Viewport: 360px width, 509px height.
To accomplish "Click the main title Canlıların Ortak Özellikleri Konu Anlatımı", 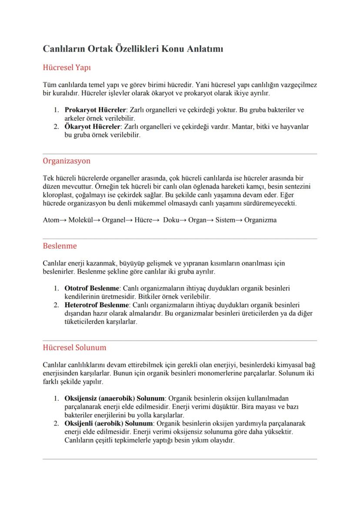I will [133, 49].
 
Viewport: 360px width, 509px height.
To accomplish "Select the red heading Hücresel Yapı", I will [67, 68].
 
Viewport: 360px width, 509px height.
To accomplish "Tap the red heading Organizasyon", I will [67, 161].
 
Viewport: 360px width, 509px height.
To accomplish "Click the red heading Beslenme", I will [60, 246].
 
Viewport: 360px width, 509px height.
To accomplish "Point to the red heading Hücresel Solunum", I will [74, 348].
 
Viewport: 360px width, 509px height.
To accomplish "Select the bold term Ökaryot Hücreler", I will [92, 127].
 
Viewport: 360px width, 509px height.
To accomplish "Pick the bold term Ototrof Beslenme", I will [92, 288].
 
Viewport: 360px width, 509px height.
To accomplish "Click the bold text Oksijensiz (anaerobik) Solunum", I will [115, 398].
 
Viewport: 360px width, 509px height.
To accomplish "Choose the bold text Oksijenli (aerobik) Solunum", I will [109, 423].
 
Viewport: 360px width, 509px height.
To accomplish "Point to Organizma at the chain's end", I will [260, 220].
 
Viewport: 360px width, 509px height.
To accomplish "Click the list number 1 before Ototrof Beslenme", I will [57, 288].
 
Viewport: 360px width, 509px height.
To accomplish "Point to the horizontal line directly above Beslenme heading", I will [180, 239].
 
